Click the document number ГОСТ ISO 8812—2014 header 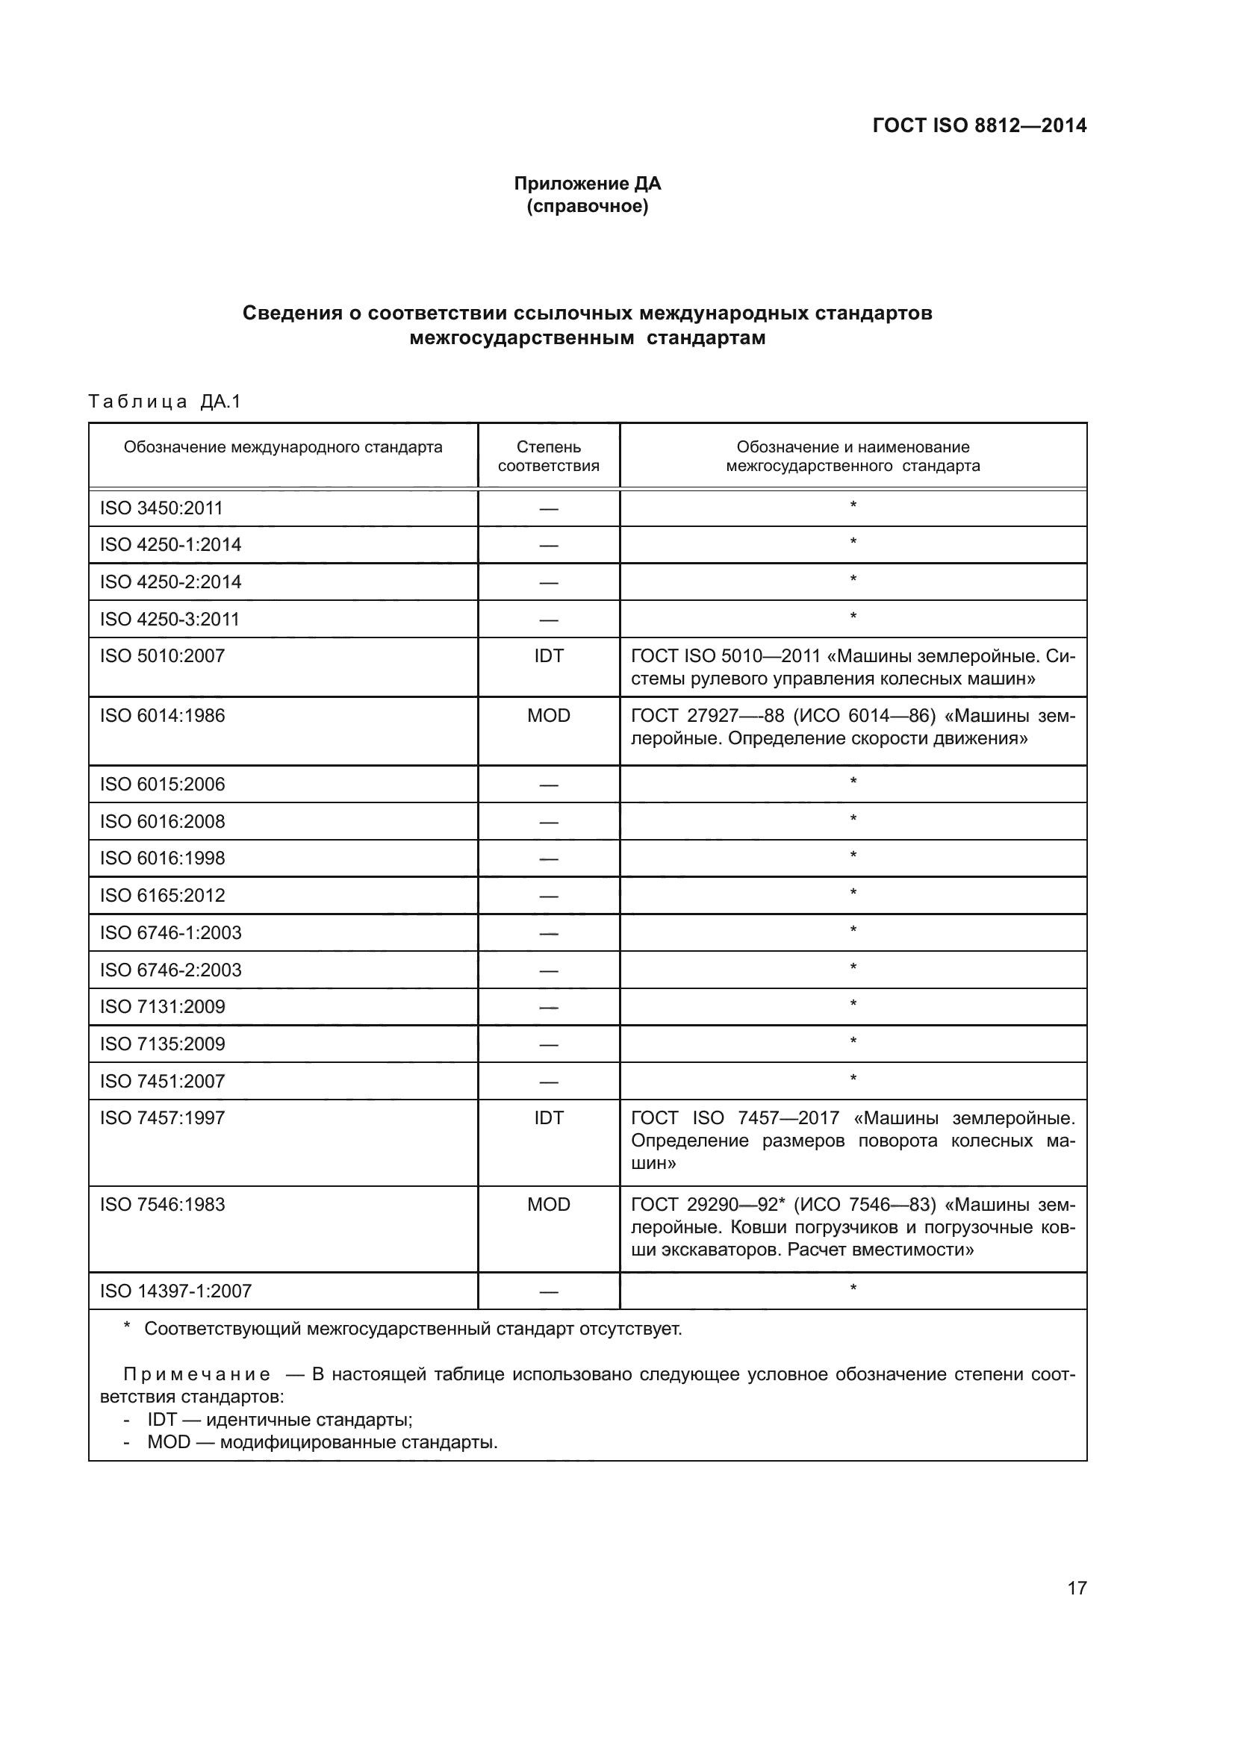979,125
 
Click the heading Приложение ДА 587,184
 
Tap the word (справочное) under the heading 587,206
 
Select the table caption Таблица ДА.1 164,402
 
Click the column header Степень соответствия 548,456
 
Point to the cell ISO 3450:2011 161,508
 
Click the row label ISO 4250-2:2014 170,582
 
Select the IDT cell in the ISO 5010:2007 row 548,655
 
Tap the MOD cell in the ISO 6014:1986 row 548,716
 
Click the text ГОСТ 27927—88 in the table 707,716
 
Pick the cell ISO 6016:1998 162,858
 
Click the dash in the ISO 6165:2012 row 548,896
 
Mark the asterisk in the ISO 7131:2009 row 853,1005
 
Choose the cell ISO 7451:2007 162,1081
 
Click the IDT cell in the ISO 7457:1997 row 548,1118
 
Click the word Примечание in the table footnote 197,1374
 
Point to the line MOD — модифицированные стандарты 323,1442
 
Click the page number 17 1077,1588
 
